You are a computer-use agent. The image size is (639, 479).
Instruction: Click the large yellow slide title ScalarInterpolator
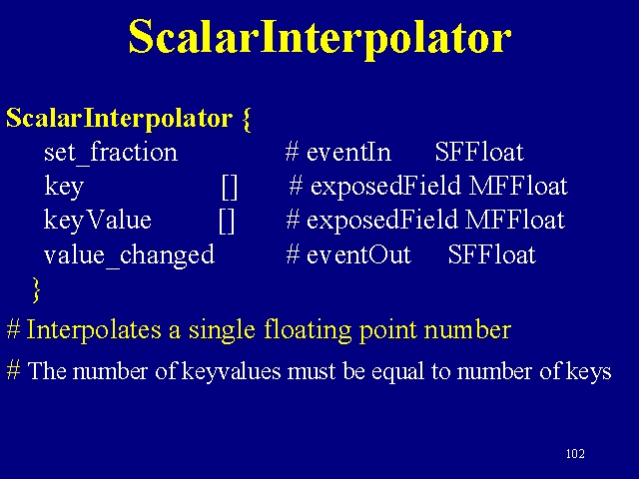click(x=319, y=39)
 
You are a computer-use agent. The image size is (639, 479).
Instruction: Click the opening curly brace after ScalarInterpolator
click(x=247, y=120)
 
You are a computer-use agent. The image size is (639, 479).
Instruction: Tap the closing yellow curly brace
click(x=36, y=290)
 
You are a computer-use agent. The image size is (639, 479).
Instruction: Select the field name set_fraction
click(x=111, y=153)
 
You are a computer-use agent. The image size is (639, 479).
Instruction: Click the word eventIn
click(x=348, y=152)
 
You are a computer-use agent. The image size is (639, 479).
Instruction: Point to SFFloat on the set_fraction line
click(x=479, y=152)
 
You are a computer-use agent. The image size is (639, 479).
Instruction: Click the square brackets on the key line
click(x=230, y=187)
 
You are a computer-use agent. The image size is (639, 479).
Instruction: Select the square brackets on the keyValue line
click(x=227, y=221)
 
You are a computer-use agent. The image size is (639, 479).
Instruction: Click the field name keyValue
click(x=98, y=221)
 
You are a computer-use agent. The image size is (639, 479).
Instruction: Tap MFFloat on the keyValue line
click(x=515, y=220)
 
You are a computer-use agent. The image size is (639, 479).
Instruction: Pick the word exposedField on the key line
click(x=385, y=187)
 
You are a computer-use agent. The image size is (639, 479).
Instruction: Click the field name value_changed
click(x=129, y=255)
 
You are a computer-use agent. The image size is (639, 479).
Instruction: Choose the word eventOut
click(x=358, y=254)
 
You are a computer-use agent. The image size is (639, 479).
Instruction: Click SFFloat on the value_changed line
click(x=492, y=254)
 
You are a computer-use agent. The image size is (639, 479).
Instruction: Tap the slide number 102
click(x=575, y=453)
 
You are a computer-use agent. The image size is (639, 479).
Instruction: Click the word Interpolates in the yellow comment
click(x=94, y=330)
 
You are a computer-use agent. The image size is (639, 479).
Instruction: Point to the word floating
click(x=308, y=330)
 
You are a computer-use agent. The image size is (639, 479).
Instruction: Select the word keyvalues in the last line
click(x=231, y=371)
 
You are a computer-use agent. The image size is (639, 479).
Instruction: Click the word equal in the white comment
click(x=397, y=371)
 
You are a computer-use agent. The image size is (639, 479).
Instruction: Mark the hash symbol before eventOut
click(x=294, y=254)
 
